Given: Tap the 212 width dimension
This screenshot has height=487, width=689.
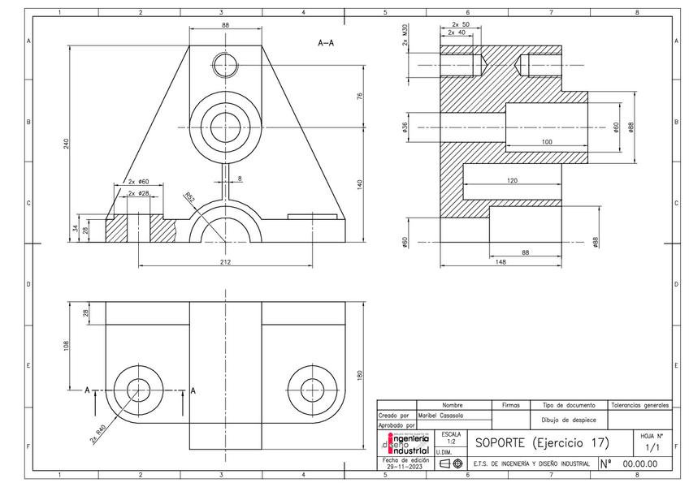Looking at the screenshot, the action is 225,261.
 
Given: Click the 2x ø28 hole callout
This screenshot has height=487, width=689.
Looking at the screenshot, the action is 137,194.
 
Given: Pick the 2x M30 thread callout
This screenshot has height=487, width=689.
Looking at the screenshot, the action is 404,37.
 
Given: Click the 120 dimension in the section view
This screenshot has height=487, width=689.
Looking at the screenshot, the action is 511,181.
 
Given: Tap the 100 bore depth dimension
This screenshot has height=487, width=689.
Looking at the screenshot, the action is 545,142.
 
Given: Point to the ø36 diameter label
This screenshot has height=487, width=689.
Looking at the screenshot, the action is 404,127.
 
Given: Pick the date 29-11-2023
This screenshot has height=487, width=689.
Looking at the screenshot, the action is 404,466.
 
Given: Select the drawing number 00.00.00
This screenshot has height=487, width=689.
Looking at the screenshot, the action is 639,464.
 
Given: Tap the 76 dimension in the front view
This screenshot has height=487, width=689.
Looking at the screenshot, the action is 359,96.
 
